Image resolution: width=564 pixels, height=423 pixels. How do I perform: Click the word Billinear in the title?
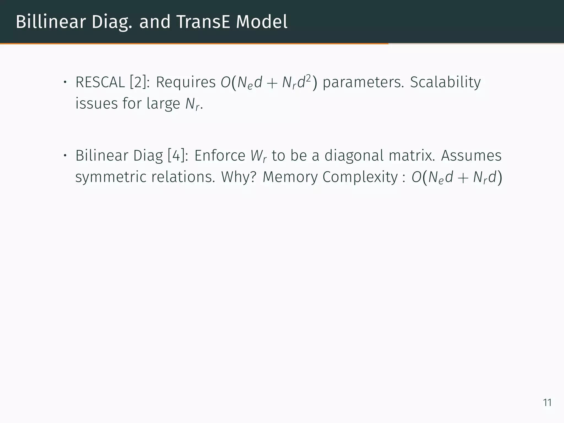[51, 22]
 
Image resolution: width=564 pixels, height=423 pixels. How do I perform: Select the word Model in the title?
[262, 22]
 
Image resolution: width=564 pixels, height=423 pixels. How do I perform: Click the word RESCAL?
[100, 82]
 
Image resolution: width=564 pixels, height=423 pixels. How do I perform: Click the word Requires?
[186, 82]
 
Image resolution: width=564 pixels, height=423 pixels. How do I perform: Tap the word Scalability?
[445, 82]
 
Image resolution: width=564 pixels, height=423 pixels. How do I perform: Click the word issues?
[96, 104]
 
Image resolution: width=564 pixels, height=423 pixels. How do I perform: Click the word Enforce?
[220, 155]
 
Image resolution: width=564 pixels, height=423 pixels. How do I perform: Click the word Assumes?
[471, 155]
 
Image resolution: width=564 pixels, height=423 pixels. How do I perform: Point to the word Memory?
[290, 177]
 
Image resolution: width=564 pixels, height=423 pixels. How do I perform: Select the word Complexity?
[360, 177]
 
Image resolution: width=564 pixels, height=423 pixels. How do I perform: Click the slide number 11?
[547, 403]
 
